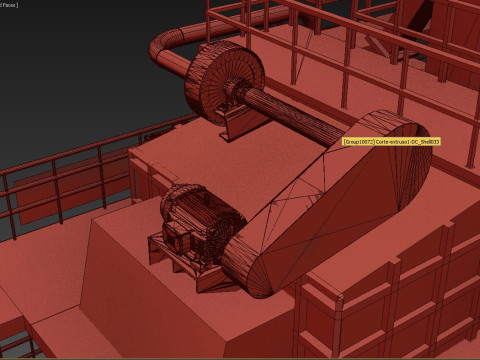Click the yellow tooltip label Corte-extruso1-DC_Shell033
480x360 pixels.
click(391, 141)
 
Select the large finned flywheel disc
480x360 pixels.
click(221, 80)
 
